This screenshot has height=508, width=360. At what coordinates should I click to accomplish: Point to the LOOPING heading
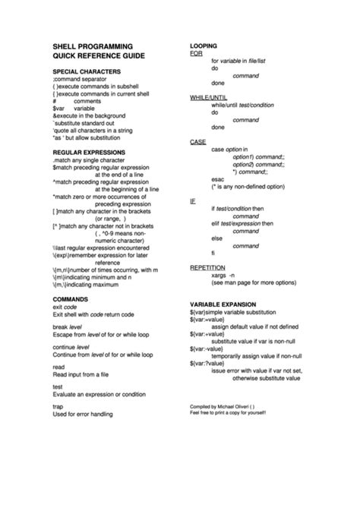pyautogui.click(x=205, y=46)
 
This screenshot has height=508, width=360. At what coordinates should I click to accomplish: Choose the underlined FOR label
pyautogui.click(x=196, y=54)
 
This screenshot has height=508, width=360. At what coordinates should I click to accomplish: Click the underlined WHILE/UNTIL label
pyautogui.click(x=208, y=98)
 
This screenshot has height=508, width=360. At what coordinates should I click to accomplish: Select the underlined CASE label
pyautogui.click(x=197, y=142)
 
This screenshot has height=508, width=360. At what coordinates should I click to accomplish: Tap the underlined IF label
pyautogui.click(x=192, y=200)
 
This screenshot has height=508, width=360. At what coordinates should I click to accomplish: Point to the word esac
pyautogui.click(x=218, y=178)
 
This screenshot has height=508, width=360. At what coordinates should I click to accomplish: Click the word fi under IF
pyautogui.click(x=213, y=252)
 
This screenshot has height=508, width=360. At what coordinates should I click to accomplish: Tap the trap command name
pyautogui.click(x=58, y=406)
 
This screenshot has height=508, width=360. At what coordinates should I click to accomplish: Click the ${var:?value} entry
pyautogui.click(x=211, y=361)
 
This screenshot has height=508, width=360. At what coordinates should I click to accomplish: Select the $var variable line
pyautogui.click(x=73, y=108)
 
